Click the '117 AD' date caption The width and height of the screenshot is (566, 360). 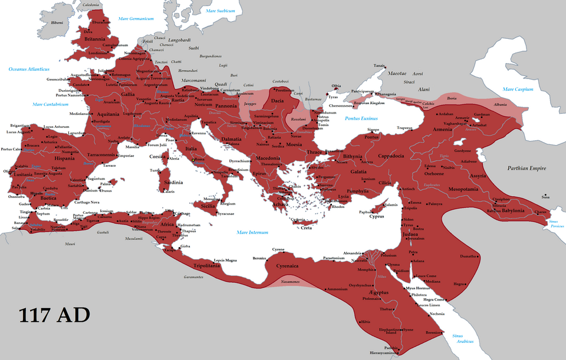pyautogui.click(x=55, y=315)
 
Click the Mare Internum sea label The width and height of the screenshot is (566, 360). pyautogui.click(x=252, y=232)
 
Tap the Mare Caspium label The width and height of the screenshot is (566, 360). pyautogui.click(x=517, y=90)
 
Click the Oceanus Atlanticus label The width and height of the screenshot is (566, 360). pyautogui.click(x=28, y=70)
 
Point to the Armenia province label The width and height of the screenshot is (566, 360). pyautogui.click(x=443, y=130)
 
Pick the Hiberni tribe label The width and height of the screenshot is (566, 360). pyautogui.click(x=57, y=22)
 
